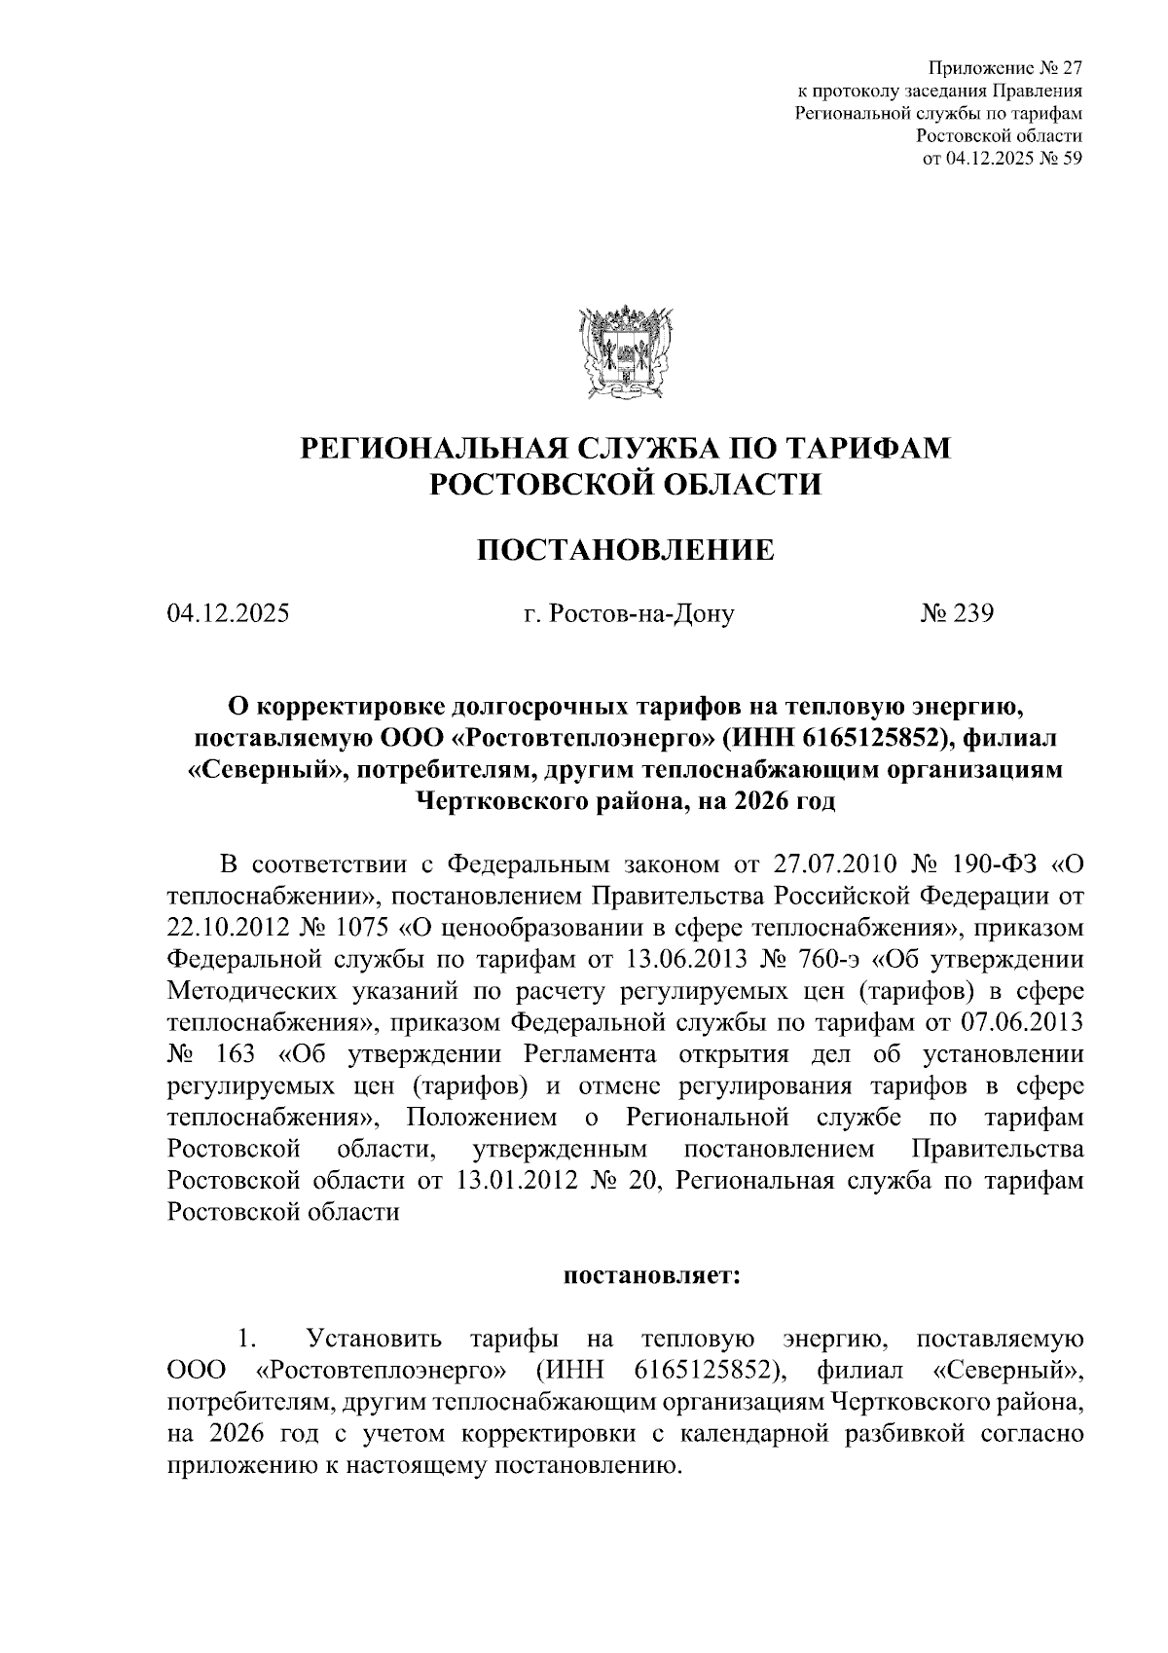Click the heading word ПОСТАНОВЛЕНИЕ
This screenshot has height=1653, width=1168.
coord(625,550)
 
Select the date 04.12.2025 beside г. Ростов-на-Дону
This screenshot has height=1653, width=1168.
coord(228,614)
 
